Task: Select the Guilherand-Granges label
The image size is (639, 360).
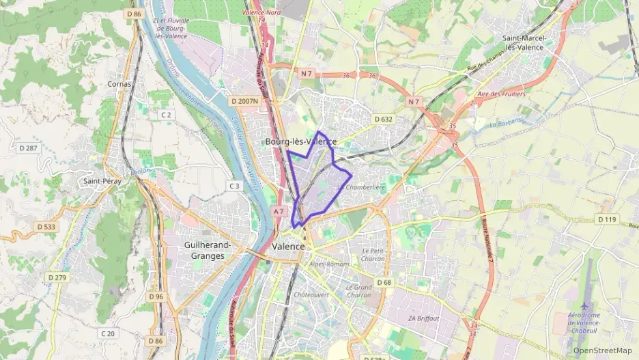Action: click(208, 251)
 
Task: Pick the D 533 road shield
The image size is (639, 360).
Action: click(46, 226)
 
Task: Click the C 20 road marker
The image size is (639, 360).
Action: click(107, 333)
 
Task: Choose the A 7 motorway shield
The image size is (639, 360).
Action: click(278, 212)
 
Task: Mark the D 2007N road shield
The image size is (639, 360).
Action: click(244, 101)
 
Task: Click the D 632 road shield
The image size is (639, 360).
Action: click(384, 120)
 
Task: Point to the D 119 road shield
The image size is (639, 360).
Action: click(606, 220)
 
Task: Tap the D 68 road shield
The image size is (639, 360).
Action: click(384, 283)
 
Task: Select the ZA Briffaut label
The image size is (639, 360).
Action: click(424, 318)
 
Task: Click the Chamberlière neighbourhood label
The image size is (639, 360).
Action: click(365, 187)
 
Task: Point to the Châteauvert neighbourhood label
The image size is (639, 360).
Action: click(311, 294)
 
